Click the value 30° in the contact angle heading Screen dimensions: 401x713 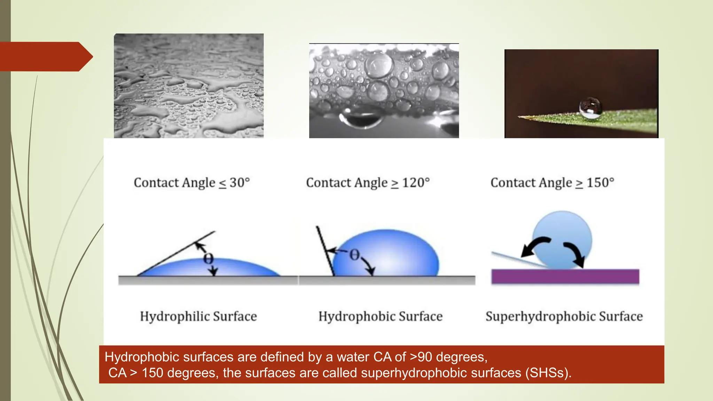(x=240, y=183)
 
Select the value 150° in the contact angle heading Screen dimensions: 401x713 (x=600, y=183)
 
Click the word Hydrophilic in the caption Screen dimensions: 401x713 (x=175, y=316)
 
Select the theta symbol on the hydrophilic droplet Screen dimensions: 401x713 (x=208, y=259)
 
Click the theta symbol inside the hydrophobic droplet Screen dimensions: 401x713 (x=354, y=255)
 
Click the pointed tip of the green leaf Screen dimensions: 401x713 (x=521, y=117)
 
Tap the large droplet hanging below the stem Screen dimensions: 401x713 (x=360, y=118)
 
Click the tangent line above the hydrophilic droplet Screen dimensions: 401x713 (x=174, y=254)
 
